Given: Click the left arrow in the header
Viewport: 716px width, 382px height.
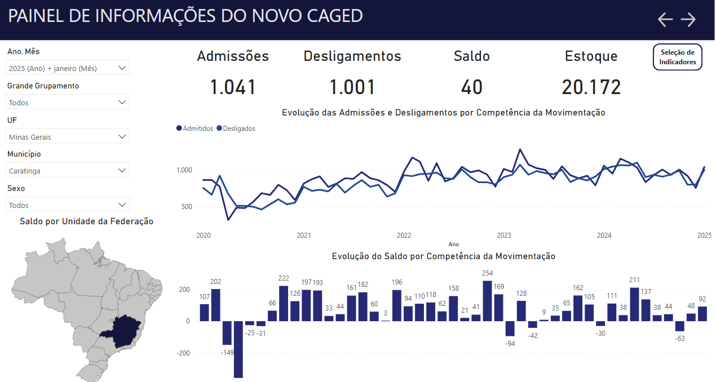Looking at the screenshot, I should (665, 20).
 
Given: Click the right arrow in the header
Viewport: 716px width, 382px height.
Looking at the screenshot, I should (688, 20).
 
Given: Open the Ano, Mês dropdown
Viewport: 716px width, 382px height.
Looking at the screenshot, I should (68, 68).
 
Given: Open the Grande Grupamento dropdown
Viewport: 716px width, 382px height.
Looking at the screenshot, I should (68, 103).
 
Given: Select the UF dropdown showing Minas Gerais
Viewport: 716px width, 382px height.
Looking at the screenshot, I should (68, 136).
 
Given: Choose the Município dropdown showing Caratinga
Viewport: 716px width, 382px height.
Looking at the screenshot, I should (68, 170).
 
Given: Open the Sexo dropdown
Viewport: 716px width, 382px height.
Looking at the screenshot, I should (68, 205).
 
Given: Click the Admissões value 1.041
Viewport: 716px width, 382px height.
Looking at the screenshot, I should (233, 87).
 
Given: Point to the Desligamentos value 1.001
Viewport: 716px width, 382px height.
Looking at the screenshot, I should (352, 87).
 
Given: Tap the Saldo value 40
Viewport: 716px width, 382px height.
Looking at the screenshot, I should (472, 87).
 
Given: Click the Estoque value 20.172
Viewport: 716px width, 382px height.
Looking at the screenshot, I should (591, 87).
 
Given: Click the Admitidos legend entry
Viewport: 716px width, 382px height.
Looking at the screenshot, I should (195, 128).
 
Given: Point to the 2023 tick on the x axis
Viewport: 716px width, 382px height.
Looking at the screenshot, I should (503, 235).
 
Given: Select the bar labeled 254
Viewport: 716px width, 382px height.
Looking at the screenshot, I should (488, 301).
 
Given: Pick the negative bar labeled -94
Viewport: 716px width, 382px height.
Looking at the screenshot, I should (510, 328).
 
